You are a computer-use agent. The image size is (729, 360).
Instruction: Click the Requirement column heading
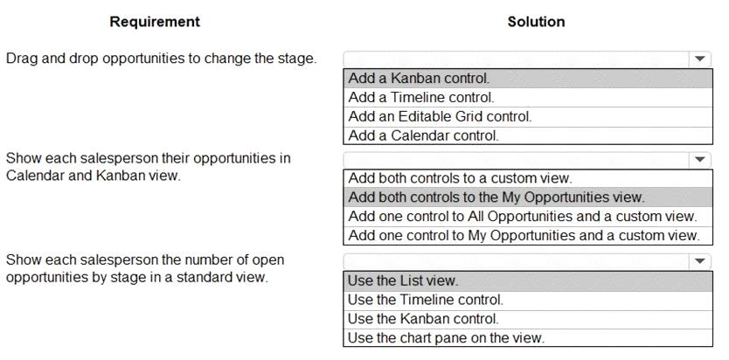[x=155, y=21]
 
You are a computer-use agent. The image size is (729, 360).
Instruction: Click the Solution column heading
[x=536, y=21]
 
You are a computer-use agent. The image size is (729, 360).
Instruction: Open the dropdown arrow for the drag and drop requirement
[x=700, y=59]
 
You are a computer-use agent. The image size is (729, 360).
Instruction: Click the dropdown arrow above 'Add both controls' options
[x=700, y=160]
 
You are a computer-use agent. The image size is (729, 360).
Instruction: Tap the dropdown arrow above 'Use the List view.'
[x=700, y=261]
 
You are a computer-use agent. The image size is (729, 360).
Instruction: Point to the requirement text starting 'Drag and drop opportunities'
[x=162, y=59]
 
